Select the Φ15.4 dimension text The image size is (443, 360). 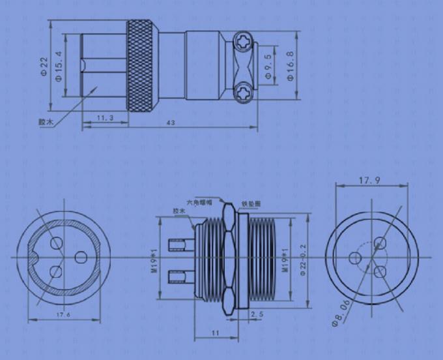coord(59,66)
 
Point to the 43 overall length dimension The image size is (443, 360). coord(171,123)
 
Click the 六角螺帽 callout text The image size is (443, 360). coord(199,202)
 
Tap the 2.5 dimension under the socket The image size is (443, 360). coord(257,314)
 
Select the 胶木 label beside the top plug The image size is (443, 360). coord(44,121)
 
